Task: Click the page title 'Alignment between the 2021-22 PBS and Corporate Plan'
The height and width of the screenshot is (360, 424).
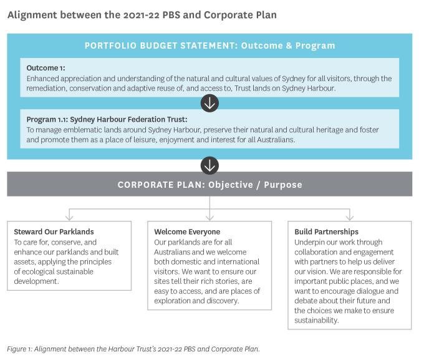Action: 142,15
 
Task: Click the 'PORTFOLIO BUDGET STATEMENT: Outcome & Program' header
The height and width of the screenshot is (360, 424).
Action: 210,46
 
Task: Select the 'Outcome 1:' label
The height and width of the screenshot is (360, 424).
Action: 46,68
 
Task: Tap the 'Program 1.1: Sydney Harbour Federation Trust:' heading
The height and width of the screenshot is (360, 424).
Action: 107,119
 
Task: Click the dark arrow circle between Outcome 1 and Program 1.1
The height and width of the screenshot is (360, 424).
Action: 210,103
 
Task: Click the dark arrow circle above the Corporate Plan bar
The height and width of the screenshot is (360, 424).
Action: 210,165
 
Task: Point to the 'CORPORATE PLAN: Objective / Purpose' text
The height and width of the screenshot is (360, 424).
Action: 210,185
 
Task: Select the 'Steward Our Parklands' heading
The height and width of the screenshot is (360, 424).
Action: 54,231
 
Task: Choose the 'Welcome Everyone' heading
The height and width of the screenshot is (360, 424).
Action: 187,231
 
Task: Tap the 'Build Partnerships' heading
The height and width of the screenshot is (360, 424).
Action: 326,231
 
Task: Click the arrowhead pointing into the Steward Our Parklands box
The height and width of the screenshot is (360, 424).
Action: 69,218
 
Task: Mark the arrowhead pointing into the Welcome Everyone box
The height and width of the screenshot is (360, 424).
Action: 210,218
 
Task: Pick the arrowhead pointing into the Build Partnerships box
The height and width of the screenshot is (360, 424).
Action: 350,218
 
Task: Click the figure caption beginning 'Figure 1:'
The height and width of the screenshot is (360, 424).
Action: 133,349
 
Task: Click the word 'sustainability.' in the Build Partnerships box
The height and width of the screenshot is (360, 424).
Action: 316,321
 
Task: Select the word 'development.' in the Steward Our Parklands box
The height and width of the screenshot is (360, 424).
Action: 36,281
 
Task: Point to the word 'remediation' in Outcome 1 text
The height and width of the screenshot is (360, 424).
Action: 47,89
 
